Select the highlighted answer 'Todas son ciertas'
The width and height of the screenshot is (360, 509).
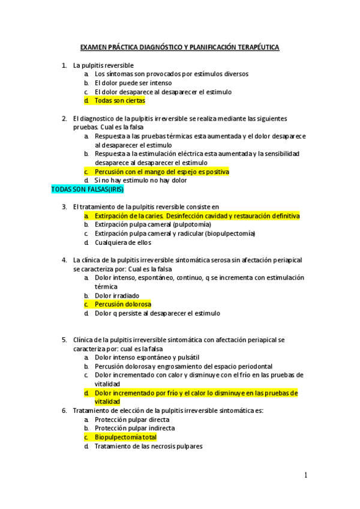[119, 101]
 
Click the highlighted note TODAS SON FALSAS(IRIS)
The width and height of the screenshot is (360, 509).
[87, 189]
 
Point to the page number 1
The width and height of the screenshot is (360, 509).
[305, 475]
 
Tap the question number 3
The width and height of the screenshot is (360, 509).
[64, 207]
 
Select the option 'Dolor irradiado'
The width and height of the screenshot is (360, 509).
[116, 295]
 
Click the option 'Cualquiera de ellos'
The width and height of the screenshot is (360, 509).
[122, 242]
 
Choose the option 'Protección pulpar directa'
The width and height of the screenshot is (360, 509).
[131, 420]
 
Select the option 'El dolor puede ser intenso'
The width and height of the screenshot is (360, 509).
[133, 83]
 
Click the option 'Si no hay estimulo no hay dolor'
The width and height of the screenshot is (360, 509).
[140, 180]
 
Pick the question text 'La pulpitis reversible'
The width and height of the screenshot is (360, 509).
[103, 65]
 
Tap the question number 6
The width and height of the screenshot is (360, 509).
[64, 411]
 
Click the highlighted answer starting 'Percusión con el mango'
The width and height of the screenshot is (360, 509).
[161, 172]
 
